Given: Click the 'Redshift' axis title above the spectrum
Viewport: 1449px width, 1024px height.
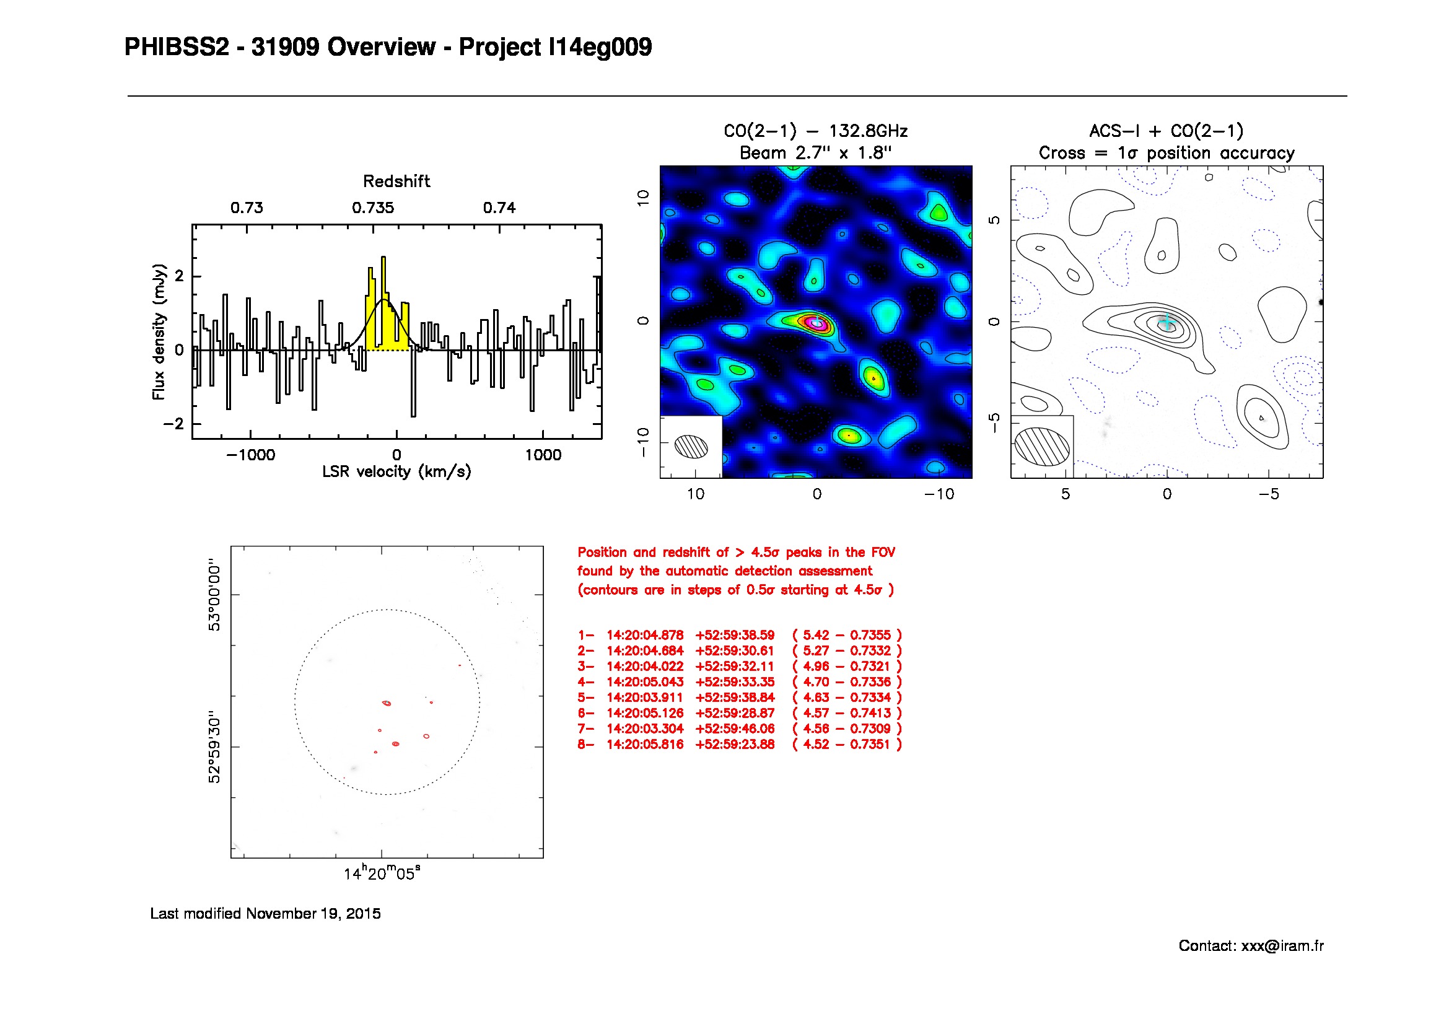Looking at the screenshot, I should (x=396, y=182).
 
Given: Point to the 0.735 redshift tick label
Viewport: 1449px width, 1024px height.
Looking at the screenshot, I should (x=373, y=208).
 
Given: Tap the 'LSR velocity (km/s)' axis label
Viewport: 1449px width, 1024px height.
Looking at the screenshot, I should (x=396, y=472).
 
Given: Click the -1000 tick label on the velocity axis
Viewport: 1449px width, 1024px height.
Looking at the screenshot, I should (x=250, y=455).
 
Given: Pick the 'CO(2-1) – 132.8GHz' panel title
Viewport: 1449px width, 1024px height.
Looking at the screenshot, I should (x=815, y=131).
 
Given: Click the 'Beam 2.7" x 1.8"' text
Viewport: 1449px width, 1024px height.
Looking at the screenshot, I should (x=815, y=153).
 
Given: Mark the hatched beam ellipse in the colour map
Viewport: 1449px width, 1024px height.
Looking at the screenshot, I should (x=691, y=446).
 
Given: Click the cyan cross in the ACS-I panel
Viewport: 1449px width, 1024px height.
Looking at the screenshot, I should (x=1168, y=322).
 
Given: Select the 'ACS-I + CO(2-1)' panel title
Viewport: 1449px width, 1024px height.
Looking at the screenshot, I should (x=1167, y=131).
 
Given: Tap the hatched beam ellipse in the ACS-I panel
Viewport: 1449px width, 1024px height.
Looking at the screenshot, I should (x=1042, y=447).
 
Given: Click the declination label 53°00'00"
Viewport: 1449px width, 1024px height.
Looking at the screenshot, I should (x=214, y=594).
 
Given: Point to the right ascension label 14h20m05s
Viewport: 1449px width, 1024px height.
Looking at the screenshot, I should (x=382, y=874).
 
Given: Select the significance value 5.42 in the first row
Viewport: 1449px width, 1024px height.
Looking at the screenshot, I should (x=815, y=636).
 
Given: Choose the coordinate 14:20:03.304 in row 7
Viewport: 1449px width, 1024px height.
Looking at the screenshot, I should (x=645, y=729).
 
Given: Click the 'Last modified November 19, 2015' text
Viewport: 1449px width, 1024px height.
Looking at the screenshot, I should (x=265, y=914).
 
